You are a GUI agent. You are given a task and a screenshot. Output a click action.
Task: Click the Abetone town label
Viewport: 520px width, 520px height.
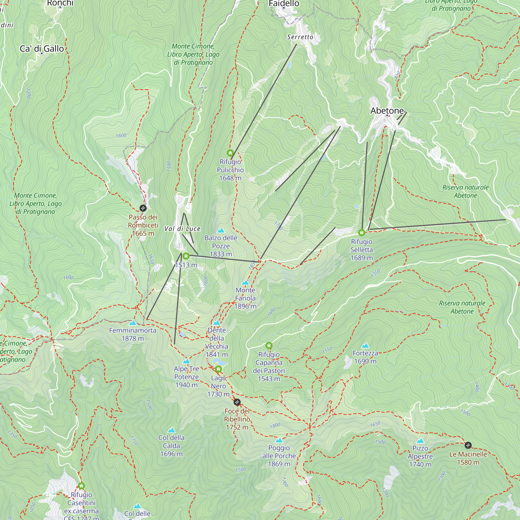[x=387, y=110]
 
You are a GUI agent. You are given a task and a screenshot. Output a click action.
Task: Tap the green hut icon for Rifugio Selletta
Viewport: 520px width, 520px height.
[x=361, y=232]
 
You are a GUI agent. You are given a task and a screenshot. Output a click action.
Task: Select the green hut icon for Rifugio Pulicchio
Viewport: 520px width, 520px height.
[x=230, y=153]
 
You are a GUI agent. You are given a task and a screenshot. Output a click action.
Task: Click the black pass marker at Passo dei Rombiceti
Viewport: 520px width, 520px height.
[x=143, y=208]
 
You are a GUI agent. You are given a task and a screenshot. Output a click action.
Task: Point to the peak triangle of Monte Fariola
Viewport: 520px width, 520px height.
[x=245, y=283]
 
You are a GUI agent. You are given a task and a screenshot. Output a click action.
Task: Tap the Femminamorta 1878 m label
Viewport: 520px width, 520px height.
[x=133, y=334]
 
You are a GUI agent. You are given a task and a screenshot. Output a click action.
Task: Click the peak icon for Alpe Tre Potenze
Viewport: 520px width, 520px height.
[x=186, y=361]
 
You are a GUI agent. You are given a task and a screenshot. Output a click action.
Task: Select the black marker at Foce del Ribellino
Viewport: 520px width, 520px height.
[x=237, y=402]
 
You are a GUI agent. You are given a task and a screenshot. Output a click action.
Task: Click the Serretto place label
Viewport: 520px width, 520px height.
[x=300, y=37]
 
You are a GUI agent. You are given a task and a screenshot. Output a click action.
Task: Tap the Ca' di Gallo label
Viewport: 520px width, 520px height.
[x=42, y=49]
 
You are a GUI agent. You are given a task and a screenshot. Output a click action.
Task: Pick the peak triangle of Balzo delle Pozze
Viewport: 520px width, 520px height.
[x=221, y=230]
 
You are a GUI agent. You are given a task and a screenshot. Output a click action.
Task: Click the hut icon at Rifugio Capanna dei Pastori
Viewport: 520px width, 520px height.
[x=269, y=345]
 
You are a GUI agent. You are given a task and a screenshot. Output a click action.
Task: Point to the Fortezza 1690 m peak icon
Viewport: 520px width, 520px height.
[x=365, y=346]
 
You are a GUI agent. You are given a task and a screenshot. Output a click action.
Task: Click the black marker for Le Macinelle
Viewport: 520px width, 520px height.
[x=468, y=445]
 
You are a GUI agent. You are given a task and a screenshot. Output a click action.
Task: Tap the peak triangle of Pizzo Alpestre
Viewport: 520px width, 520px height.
[x=420, y=441]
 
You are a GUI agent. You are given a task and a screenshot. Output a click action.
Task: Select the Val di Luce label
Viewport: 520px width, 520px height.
[x=182, y=229]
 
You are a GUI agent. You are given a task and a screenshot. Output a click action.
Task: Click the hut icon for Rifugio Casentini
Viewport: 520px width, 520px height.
[x=82, y=486]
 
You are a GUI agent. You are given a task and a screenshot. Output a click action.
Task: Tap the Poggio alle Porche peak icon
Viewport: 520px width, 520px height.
[x=279, y=440]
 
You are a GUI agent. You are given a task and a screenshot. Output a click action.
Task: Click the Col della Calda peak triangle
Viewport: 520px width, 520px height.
[x=171, y=430]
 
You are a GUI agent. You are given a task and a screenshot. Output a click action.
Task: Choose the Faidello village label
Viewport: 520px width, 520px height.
[x=284, y=3]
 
